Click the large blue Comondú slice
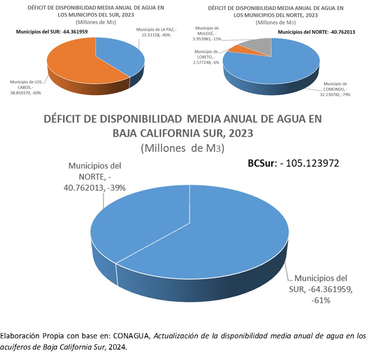pyautogui.click(x=276, y=66)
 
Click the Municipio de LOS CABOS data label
pyautogui.click(x=26, y=87)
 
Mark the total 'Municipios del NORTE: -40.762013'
pyautogui.click(x=311, y=32)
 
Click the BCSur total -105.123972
pyautogui.click(x=294, y=163)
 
